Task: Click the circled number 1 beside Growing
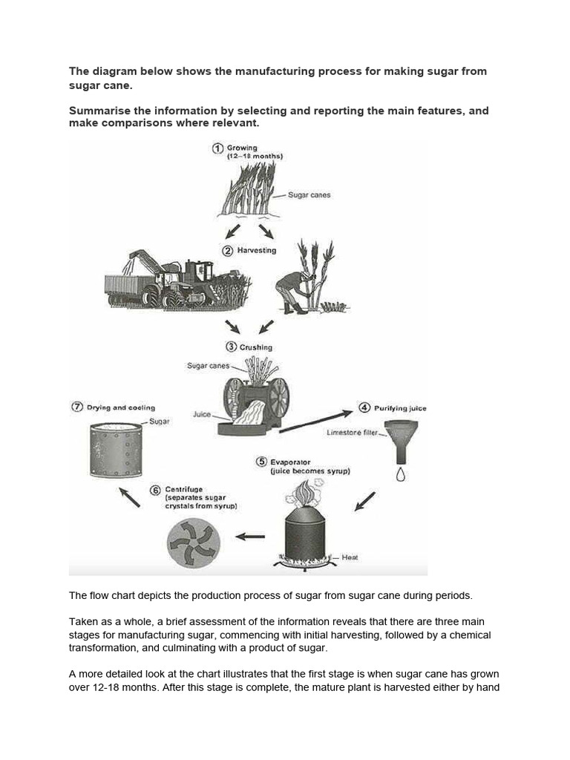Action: coord(217,148)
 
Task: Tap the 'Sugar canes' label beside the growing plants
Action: coord(309,195)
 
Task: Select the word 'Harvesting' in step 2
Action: coord(257,251)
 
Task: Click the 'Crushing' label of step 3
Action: coord(255,347)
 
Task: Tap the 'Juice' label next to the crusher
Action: coord(202,415)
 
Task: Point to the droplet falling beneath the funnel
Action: coord(401,474)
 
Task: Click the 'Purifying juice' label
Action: coord(401,408)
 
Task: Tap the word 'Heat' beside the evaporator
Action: coord(350,557)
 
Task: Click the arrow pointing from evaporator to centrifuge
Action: coord(250,535)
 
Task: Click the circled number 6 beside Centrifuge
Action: coord(154,490)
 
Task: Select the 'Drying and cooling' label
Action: coord(121,407)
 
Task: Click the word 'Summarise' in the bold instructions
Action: coord(101,111)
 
